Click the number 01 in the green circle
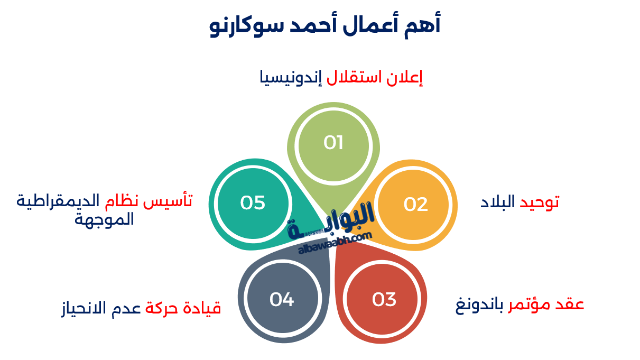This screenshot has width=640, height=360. pos(333,143)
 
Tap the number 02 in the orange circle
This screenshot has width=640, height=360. pos(415,204)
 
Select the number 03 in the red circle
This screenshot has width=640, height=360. pos(384,300)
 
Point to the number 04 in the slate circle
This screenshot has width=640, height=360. pos(281,300)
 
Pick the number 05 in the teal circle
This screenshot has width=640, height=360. pos(252,203)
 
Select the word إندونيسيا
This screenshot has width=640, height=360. pos(287,78)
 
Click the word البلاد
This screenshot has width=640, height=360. pos(497,201)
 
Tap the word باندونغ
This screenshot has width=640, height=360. pos(479,306)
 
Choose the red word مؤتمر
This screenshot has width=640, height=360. pos(528,306)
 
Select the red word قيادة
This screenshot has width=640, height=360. pos(203,309)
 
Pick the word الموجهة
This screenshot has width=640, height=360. pos(104,219)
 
